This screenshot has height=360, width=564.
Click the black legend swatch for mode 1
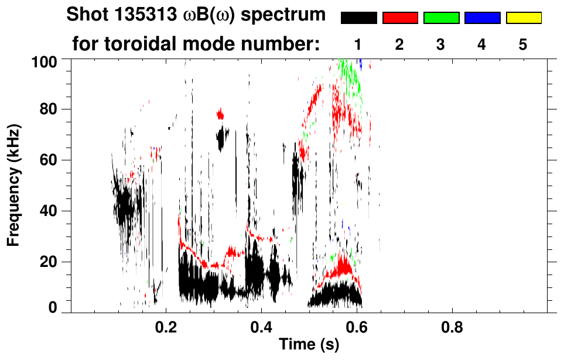pyautogui.click(x=358, y=18)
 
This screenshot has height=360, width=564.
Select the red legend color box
pyautogui.click(x=400, y=18)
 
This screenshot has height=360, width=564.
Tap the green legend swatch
pyautogui.click(x=441, y=18)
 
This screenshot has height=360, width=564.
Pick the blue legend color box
pyautogui.click(x=482, y=18)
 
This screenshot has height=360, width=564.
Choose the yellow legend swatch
pyautogui.click(x=524, y=18)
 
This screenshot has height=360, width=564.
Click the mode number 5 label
pyautogui.click(x=523, y=44)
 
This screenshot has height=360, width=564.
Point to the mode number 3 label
pyautogui.click(x=441, y=44)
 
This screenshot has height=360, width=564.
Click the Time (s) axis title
pyautogui.click(x=308, y=345)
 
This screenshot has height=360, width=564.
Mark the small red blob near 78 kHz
pyautogui.click(x=220, y=114)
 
